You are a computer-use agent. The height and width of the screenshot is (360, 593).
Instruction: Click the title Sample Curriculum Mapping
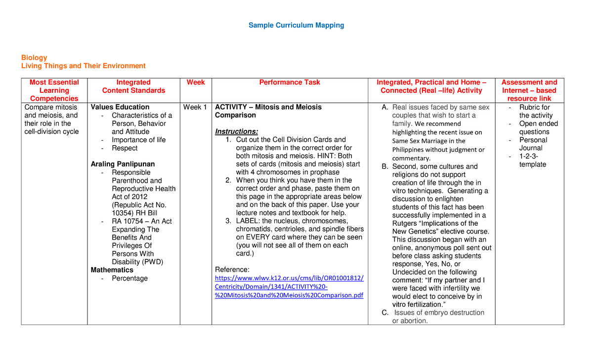tap(296, 25)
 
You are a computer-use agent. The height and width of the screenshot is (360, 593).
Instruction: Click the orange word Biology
tap(34, 58)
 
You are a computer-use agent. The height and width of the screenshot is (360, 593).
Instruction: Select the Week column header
tap(196, 82)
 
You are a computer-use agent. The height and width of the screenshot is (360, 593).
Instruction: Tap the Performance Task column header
tap(290, 82)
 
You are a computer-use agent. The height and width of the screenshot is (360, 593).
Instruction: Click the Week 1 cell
tap(195, 107)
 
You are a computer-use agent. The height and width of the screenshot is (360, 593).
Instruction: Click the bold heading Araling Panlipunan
tap(123, 164)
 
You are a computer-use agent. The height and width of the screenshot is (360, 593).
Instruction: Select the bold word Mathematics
tap(112, 270)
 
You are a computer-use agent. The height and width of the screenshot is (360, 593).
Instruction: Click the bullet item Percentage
tap(129, 279)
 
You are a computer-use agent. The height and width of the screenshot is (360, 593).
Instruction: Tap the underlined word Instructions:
tap(236, 131)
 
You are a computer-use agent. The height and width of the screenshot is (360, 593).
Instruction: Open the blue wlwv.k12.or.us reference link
tap(289, 287)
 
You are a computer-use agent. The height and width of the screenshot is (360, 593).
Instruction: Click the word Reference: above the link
tap(232, 270)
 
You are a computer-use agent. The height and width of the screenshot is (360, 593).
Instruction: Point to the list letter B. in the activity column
tap(385, 166)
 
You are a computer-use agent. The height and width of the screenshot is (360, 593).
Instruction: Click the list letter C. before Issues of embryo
tap(385, 313)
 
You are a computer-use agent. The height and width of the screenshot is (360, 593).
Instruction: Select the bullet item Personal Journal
tap(533, 144)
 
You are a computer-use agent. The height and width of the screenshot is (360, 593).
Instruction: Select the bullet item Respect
tap(125, 148)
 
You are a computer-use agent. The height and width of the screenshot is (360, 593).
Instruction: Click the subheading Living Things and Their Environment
tap(83, 66)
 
